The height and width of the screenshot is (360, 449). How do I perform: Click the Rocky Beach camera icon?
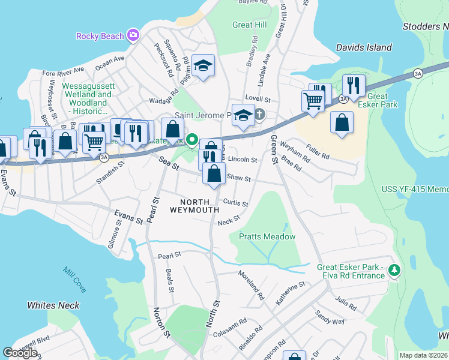pyautogui.click(x=133, y=35)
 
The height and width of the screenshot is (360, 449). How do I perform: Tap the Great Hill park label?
pyautogui.click(x=249, y=25)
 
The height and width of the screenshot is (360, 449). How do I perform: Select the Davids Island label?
pyautogui.click(x=364, y=47)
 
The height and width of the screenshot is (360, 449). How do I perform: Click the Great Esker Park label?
pyautogui.click(x=377, y=100)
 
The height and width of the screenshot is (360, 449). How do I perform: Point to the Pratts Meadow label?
pyautogui.click(x=267, y=236)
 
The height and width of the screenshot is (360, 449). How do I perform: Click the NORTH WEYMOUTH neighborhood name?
pyautogui.click(x=194, y=205)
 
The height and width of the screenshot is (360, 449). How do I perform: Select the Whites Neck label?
pyautogui.click(x=53, y=305)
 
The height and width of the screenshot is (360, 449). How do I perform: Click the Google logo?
pyautogui.click(x=20, y=353)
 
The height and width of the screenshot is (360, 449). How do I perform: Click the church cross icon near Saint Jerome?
pyautogui.click(x=259, y=113)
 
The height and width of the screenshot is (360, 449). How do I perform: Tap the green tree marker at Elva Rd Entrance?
pyautogui.click(x=394, y=271)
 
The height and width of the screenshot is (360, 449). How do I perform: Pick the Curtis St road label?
pyautogui.click(x=235, y=203)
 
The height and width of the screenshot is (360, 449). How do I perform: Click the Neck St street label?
pyautogui.click(x=225, y=222)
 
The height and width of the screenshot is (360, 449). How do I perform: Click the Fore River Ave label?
pyautogui.click(x=64, y=71)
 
